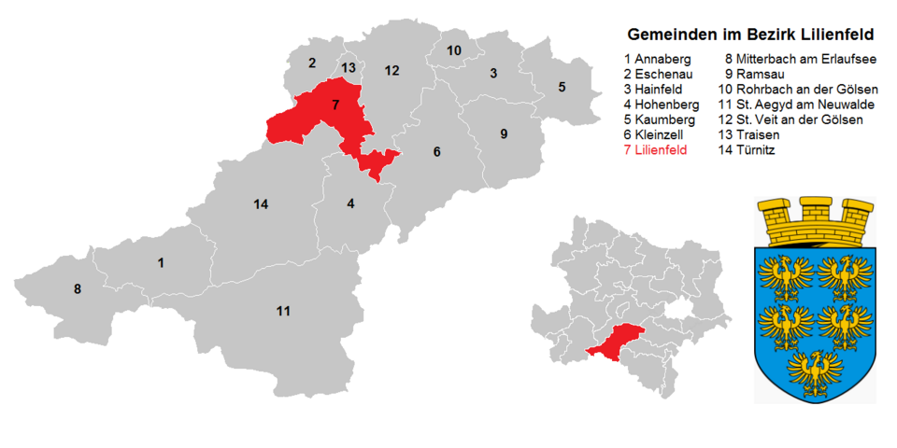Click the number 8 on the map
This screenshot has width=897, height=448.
click(78, 289)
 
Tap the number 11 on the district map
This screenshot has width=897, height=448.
click(283, 310)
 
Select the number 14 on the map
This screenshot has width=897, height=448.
click(261, 203)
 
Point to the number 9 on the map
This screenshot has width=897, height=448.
click(504, 133)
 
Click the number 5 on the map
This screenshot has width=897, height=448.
click(562, 87)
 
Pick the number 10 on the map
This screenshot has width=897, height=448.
click(453, 49)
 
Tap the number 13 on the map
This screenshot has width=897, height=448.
click(348, 67)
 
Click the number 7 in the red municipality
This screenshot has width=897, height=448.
click(335, 105)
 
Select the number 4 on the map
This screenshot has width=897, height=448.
click(350, 203)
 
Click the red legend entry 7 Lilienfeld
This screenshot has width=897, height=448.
click(662, 150)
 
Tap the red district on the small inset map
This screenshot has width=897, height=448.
click(617, 343)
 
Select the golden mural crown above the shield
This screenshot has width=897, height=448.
click(816, 221)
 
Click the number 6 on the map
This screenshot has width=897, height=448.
click(435, 152)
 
